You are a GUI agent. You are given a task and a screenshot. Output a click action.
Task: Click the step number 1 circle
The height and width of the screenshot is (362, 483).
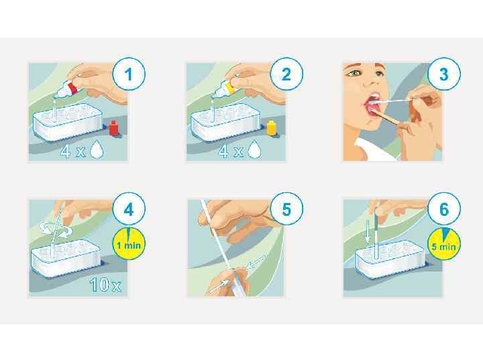pyautogui.click(x=129, y=74)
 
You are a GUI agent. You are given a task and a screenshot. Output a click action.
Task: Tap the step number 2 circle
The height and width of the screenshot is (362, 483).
pyautogui.click(x=286, y=74)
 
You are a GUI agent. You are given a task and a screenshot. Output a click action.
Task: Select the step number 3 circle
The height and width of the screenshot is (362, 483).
pyautogui.click(x=444, y=74)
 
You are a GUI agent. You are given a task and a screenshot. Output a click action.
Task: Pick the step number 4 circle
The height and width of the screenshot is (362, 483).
pyautogui.click(x=129, y=210)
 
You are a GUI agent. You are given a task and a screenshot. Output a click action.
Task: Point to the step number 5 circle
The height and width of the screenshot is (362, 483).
pyautogui.click(x=286, y=210)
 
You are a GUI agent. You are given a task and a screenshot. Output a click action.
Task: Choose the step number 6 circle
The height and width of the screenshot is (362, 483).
pyautogui.click(x=444, y=210)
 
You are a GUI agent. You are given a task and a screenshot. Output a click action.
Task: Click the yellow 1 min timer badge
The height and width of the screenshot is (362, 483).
pyautogui.click(x=129, y=244)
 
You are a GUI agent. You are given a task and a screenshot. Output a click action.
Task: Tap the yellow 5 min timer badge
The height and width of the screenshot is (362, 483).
pyautogui.click(x=444, y=244)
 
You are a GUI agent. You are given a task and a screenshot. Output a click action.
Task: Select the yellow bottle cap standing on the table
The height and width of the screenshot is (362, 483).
pyautogui.click(x=272, y=128)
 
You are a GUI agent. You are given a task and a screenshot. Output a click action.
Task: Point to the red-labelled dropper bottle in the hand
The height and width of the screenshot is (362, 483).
pyautogui.click(x=66, y=88)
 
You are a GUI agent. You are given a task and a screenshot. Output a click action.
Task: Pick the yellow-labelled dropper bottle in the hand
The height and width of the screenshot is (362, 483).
pyautogui.click(x=224, y=88)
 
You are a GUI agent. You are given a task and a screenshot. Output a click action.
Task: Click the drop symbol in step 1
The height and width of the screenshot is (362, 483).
pyautogui.click(x=97, y=149)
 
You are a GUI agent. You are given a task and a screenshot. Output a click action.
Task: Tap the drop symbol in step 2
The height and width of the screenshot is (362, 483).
pyautogui.click(x=254, y=149)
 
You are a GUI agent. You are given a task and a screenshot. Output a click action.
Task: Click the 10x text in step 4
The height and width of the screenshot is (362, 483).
pyautogui.click(x=105, y=284)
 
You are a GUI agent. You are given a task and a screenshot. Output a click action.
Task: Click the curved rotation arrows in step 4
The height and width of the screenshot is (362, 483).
pyautogui.click(x=54, y=229)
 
